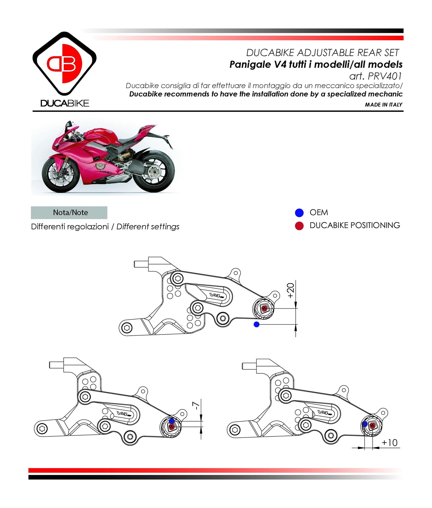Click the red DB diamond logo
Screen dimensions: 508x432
coord(64,63)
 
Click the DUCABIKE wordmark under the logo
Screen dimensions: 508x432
coord(65,103)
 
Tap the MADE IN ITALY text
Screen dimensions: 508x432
coord(383,105)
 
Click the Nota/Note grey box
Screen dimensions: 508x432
coord(69,212)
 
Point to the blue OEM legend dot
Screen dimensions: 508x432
coord(299,213)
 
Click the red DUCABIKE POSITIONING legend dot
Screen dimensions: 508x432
coord(299,226)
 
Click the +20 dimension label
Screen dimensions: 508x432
coord(291,290)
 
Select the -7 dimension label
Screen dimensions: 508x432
coord(196,406)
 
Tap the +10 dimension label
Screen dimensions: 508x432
coord(389,443)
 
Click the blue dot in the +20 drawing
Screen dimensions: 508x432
coord(256,324)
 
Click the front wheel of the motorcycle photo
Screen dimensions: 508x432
coord(61,175)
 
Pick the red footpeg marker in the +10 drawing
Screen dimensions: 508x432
coord(372,426)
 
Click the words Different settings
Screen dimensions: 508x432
coord(148,226)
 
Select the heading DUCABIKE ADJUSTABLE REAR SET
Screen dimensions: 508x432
coord(322,52)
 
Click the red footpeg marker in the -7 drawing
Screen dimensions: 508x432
coord(171,427)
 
